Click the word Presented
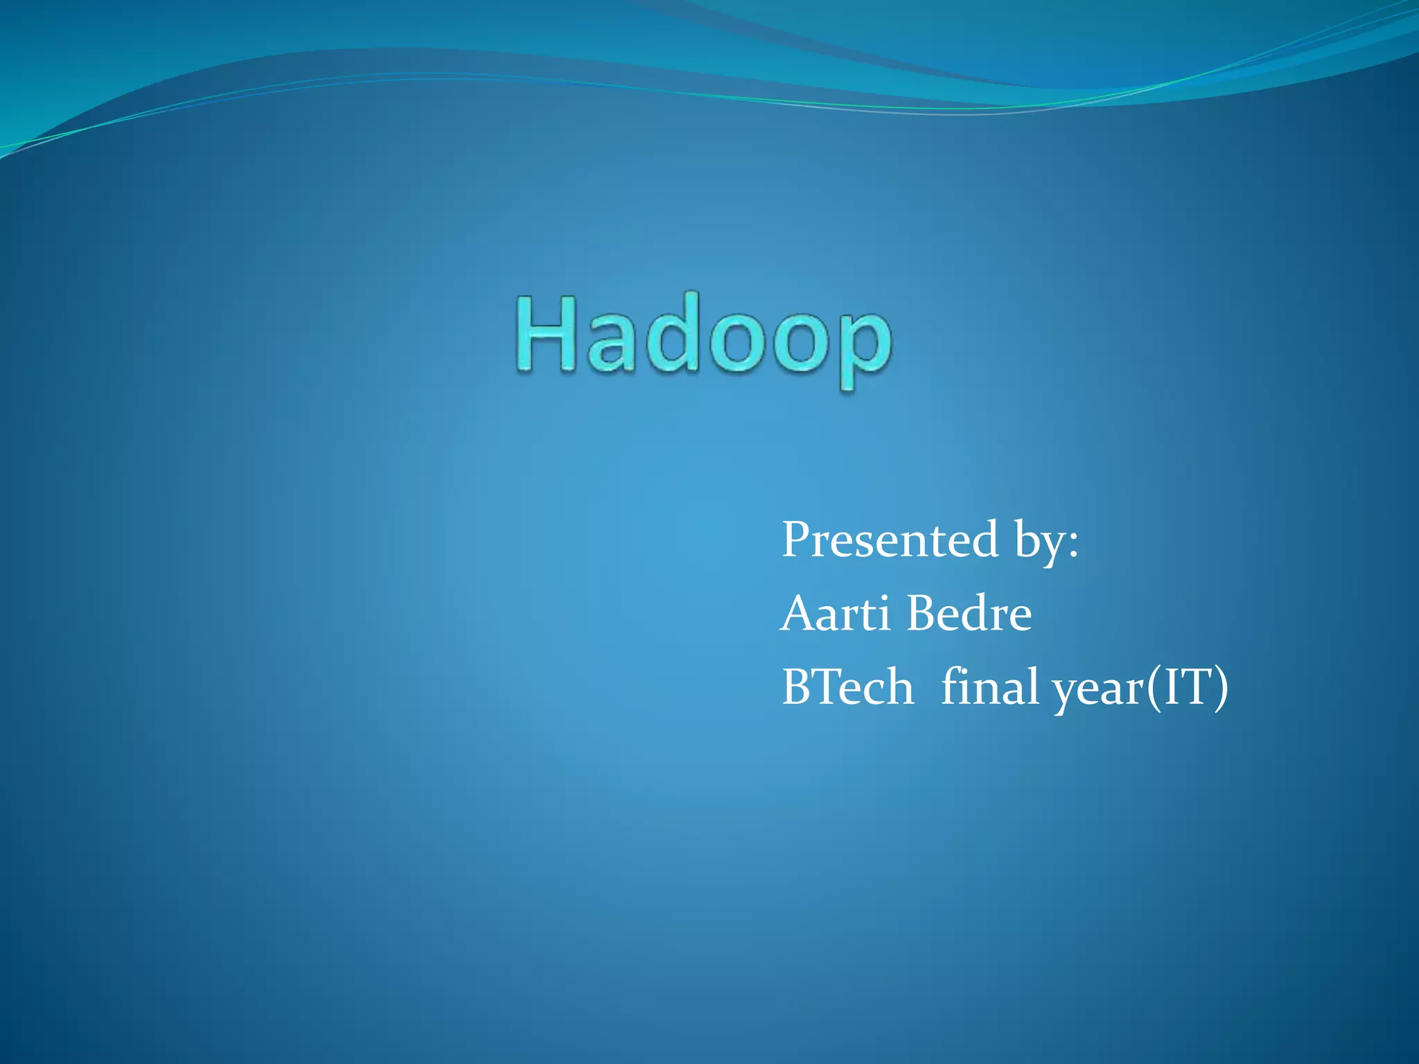(x=890, y=540)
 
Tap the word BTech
(x=847, y=686)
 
